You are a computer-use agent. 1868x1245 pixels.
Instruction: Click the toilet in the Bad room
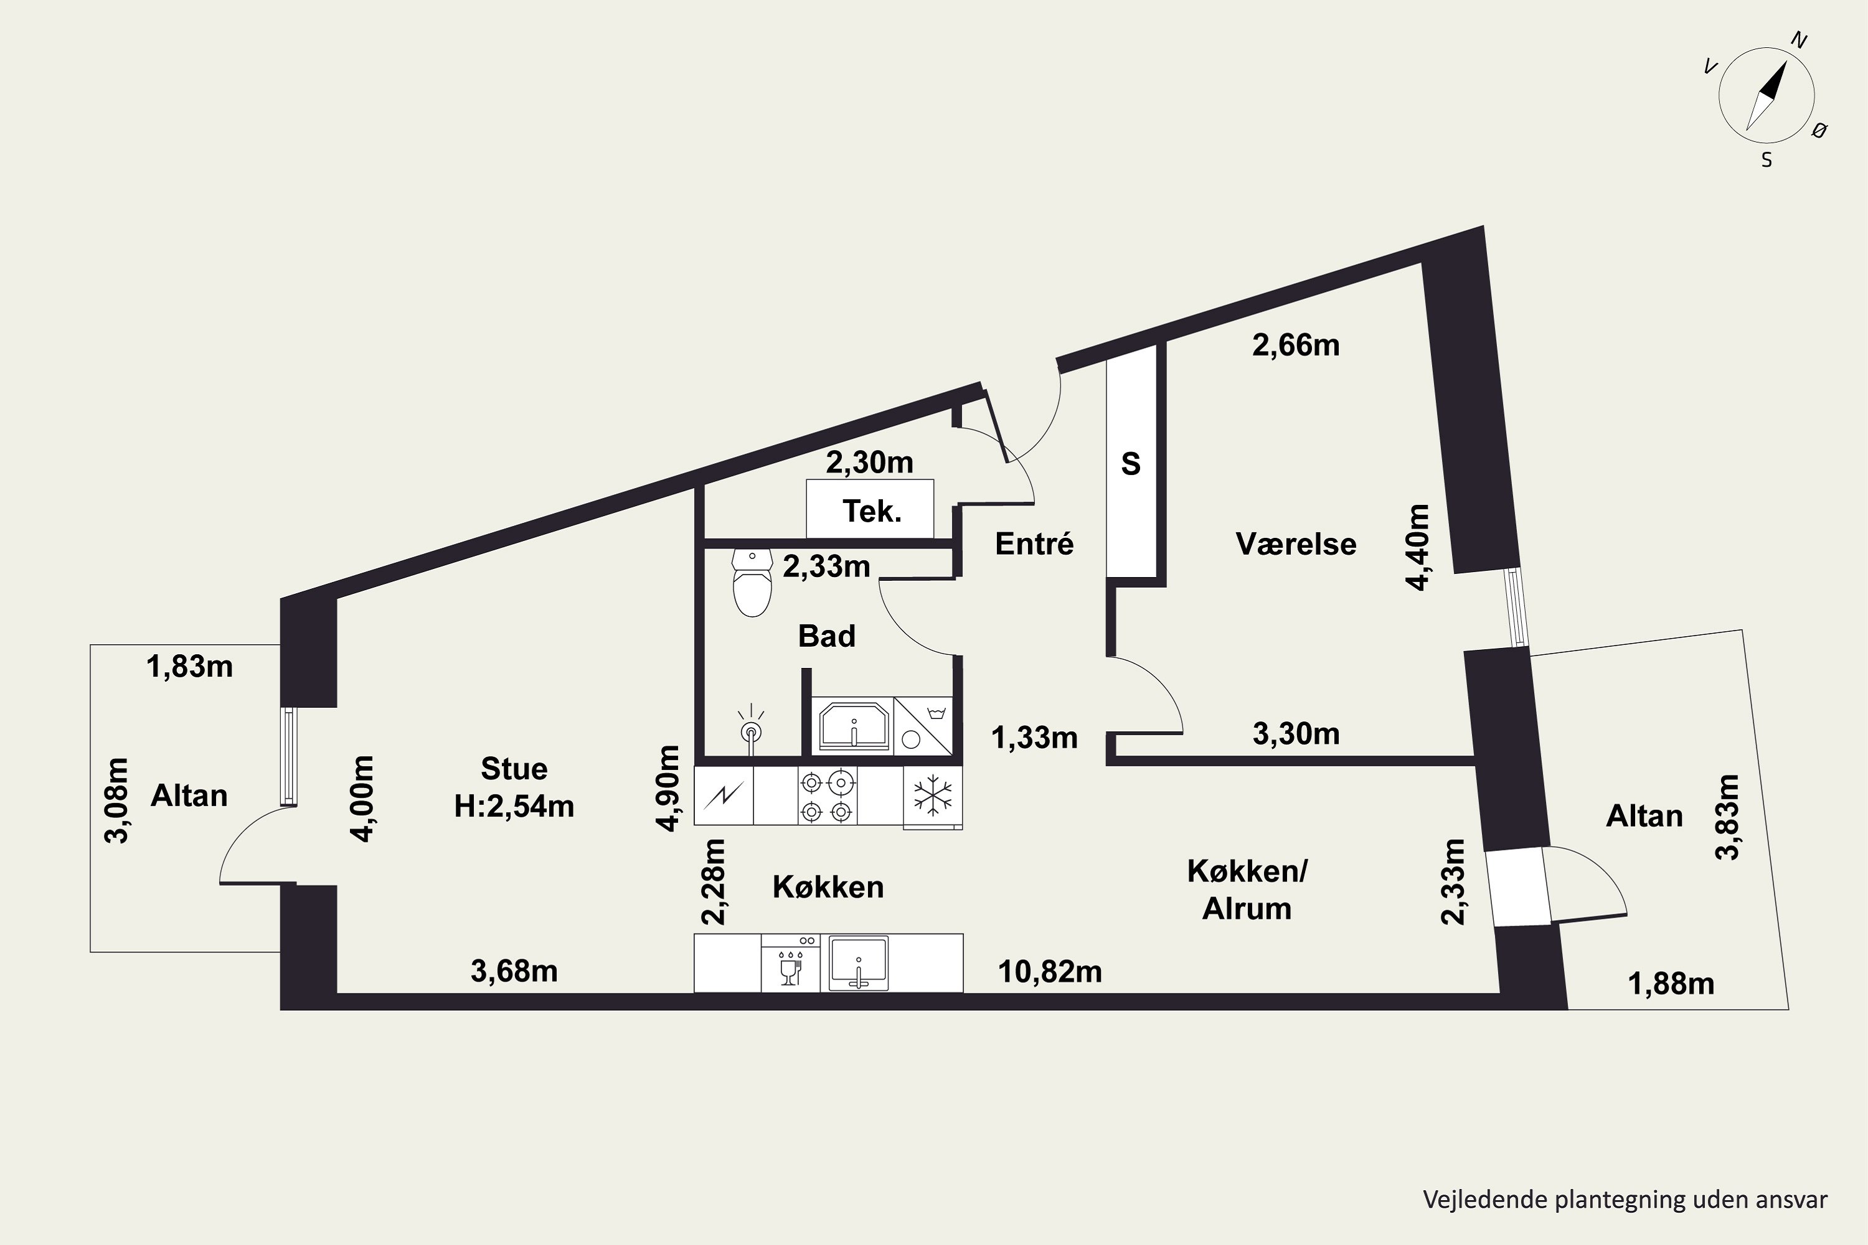pos(752,582)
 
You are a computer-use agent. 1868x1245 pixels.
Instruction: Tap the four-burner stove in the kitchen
pos(827,796)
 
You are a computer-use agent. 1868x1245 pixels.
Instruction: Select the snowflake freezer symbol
pos(932,796)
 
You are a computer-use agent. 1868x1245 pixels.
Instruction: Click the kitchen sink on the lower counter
pos(858,963)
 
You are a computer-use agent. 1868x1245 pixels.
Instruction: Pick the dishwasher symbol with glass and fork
pos(790,963)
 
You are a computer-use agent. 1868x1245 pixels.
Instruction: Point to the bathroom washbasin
pos(853,726)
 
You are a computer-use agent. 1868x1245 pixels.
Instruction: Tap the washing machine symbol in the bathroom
pos(923,726)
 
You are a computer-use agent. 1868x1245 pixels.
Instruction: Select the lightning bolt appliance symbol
pos(724,796)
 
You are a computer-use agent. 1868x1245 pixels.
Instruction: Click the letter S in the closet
pos(1131,464)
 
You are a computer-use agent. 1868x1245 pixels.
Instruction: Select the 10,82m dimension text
pos(1050,972)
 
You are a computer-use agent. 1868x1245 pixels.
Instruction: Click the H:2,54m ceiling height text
pos(514,806)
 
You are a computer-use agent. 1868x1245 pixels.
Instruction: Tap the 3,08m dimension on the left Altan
pos(117,801)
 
